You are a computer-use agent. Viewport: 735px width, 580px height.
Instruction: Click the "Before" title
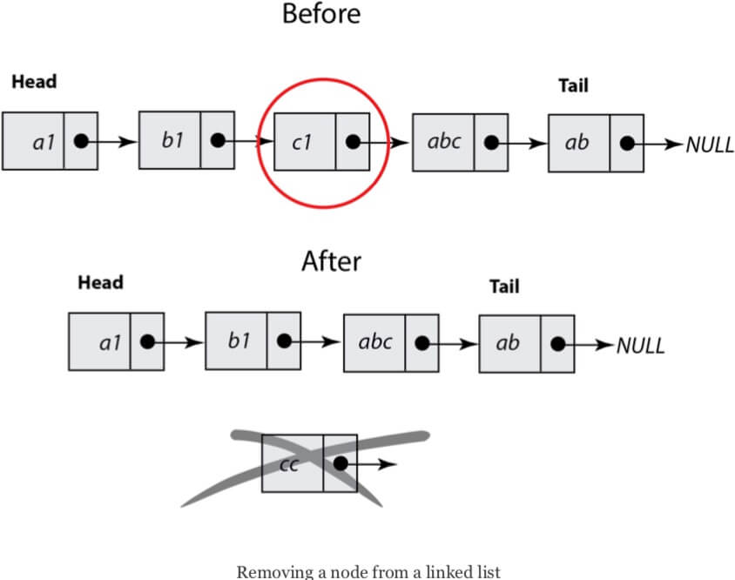coord(321,14)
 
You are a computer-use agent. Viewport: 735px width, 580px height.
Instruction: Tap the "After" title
coord(332,261)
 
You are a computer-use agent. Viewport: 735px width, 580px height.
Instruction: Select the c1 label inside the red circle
coord(301,143)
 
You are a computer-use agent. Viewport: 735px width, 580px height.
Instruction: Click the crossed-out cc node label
coord(289,465)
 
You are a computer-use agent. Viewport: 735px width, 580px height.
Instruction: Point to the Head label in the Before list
coord(34,82)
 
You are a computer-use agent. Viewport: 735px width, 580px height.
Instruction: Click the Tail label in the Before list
coord(573,85)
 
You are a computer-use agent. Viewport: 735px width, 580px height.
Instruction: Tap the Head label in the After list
coord(101,282)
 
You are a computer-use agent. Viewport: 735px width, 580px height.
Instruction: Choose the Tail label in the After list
coord(504,286)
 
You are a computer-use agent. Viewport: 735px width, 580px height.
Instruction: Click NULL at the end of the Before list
coord(709,145)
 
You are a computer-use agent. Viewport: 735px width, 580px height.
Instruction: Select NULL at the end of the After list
coord(640,346)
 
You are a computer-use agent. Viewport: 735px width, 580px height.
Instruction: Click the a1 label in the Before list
coord(44,143)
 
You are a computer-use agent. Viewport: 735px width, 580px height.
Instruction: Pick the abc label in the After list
coord(375,341)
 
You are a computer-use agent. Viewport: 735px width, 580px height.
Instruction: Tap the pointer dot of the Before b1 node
coord(218,139)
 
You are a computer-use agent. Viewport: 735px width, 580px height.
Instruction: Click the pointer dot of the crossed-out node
coord(341,463)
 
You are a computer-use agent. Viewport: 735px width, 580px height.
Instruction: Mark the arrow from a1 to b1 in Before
coord(109,141)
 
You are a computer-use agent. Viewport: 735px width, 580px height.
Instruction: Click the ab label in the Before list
coord(577,142)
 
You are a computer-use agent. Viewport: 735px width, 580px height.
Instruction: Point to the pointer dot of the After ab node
coord(558,344)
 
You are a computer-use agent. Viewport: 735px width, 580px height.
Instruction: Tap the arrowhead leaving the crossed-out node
coord(387,464)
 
